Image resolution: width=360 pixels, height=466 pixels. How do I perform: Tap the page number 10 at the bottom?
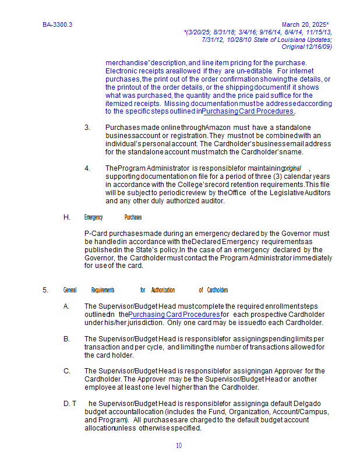pyautogui.click(x=179, y=446)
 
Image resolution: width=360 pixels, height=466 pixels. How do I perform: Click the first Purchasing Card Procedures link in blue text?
pyautogui.click(x=249, y=111)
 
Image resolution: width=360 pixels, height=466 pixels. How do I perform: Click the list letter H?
pyautogui.click(x=67, y=217)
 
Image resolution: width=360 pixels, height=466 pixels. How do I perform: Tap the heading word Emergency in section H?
pyautogui.click(x=93, y=217)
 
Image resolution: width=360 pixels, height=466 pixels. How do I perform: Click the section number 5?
pyautogui.click(x=45, y=290)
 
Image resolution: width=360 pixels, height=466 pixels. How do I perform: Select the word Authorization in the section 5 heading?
pyautogui.click(x=163, y=290)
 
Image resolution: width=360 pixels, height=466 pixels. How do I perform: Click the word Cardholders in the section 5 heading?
pyautogui.click(x=217, y=290)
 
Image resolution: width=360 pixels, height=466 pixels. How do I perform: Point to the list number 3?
pyautogui.click(x=87, y=128)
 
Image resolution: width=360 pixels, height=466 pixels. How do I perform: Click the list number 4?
pyautogui.click(x=87, y=168)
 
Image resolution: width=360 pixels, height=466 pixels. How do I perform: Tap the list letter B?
pyautogui.click(x=67, y=339)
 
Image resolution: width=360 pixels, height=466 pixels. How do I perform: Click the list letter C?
pyautogui.click(x=67, y=371)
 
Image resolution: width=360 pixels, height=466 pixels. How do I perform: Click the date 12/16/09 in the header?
pyautogui.click(x=319, y=47)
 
